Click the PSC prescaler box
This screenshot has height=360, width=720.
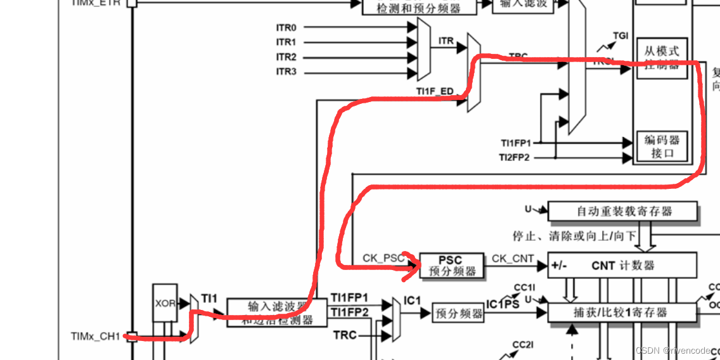450,266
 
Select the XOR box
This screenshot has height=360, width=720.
165,304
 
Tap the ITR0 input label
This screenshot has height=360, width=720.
286,27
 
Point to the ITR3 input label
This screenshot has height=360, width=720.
286,72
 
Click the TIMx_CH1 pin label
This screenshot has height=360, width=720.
96,337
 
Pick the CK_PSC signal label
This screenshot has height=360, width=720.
383,258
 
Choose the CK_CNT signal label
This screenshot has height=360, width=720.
512,258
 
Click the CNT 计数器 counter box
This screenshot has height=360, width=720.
622,265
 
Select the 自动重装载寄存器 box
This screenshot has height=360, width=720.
622,211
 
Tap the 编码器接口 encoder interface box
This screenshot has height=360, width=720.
662,146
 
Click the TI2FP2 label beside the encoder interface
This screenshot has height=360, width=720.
515,157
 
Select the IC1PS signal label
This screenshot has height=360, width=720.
503,304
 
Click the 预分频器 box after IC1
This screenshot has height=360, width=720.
458,313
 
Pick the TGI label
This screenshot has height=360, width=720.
620,35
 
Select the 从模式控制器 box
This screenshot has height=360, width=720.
662,57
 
